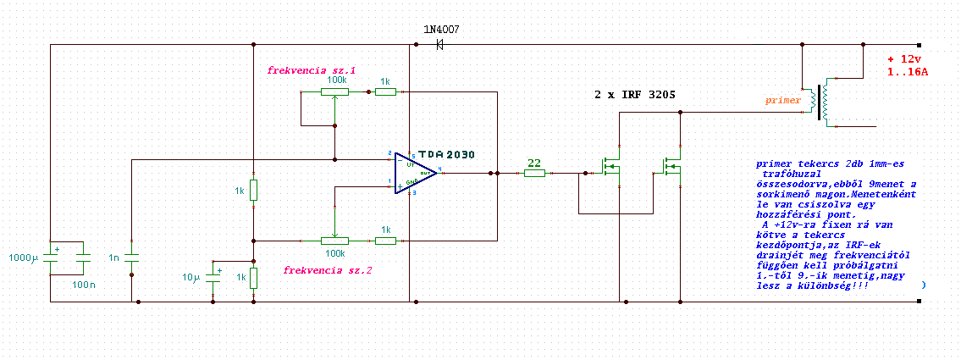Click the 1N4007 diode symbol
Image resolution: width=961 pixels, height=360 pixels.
tap(440, 44)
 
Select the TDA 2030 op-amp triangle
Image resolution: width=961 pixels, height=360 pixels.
tap(416, 172)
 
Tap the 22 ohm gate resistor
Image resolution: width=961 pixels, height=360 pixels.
tap(534, 173)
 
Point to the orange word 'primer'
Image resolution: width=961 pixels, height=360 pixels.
tap(782, 100)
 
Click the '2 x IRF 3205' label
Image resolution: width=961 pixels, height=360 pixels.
tap(635, 96)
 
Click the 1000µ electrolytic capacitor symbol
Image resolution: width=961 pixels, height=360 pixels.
tap(50, 257)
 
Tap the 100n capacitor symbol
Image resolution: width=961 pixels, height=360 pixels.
tap(83, 257)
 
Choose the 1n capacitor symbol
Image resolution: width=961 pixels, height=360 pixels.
tap(132, 257)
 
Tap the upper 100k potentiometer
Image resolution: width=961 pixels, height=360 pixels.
tap(336, 91)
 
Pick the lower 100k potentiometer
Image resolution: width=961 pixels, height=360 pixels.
tap(336, 241)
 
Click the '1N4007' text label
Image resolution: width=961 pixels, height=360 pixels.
tap(441, 29)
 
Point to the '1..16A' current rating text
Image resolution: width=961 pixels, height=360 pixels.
tap(908, 73)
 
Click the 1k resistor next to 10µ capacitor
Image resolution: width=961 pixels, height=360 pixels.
tap(253, 277)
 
